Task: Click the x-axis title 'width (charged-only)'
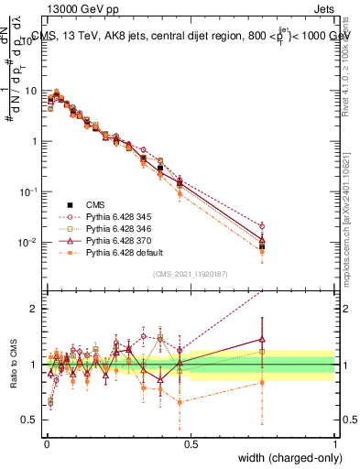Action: click(x=284, y=457)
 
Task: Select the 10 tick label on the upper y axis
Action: click(x=30, y=92)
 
